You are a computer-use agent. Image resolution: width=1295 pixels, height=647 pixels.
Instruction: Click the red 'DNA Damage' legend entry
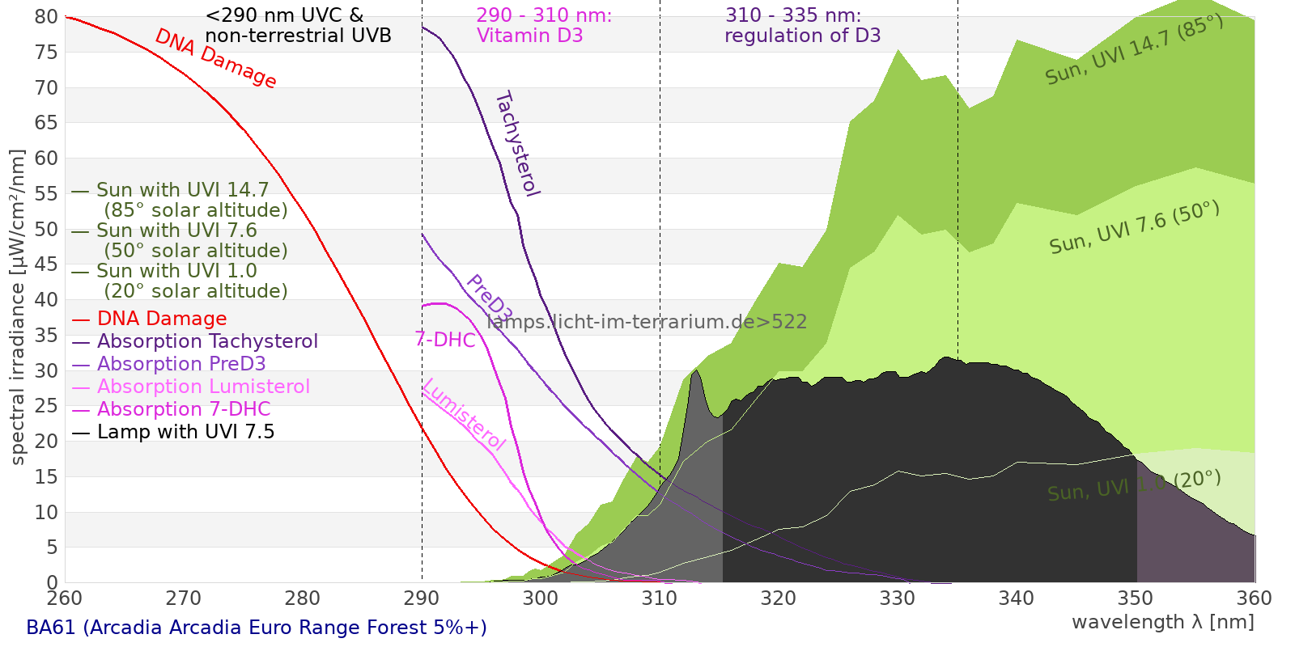(161, 319)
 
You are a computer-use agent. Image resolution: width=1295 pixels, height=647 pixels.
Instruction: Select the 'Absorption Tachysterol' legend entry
(206, 341)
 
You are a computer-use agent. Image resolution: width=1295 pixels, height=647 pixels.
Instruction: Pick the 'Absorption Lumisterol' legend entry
(202, 387)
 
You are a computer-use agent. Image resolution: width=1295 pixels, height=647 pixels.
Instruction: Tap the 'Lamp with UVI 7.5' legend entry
(185, 432)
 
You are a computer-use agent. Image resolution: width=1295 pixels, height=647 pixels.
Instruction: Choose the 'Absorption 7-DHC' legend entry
(183, 409)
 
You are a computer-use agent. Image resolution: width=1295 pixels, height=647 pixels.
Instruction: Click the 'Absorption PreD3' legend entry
(180, 364)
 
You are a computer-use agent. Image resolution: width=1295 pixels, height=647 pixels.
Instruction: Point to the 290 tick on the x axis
(422, 598)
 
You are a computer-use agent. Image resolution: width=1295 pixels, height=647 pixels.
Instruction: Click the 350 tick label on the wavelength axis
(1136, 598)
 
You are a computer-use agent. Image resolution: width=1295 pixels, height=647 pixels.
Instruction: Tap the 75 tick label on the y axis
(47, 53)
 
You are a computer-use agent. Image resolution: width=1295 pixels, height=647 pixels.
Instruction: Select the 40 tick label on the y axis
(47, 300)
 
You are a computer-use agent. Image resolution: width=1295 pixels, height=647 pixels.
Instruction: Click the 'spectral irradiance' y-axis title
(18, 307)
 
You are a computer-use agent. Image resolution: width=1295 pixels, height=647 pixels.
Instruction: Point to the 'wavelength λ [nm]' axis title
(1162, 622)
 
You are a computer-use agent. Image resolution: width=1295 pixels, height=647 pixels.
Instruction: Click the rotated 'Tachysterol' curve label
(516, 144)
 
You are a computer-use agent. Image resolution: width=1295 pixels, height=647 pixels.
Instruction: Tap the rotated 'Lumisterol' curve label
(464, 414)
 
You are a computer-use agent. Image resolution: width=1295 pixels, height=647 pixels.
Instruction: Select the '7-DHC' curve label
(445, 340)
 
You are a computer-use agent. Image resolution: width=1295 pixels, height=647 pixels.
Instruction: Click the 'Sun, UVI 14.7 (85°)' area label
(1134, 49)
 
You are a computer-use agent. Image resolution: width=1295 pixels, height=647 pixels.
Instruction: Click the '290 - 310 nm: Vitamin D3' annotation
(543, 26)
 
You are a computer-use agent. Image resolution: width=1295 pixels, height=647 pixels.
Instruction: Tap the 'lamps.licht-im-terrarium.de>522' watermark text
(647, 322)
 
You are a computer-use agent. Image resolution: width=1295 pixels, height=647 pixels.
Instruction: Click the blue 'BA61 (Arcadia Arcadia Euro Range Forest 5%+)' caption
(257, 628)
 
